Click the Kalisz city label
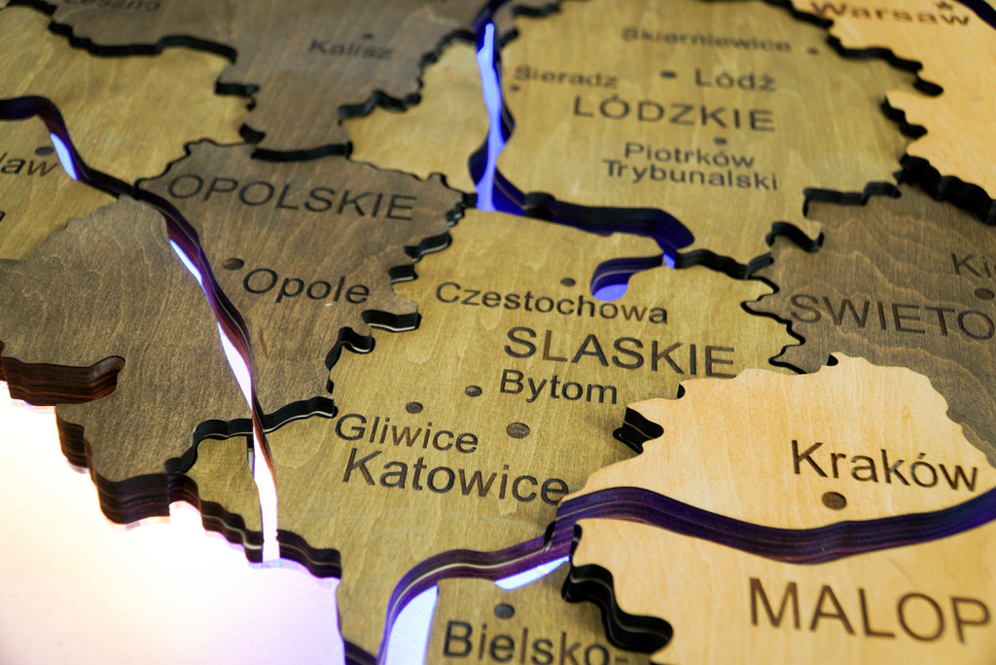[350, 48]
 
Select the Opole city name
[305, 286]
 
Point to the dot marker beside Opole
[232, 263]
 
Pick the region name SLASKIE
[619, 351]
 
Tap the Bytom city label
[557, 387]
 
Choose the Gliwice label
[406, 433]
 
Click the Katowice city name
[454, 473]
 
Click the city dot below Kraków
[834, 499]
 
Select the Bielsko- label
[531, 643]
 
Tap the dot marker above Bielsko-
[503, 610]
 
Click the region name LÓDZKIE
[673, 113]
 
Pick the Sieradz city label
[551, 75]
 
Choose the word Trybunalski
[690, 175]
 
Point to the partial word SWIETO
[891, 315]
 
